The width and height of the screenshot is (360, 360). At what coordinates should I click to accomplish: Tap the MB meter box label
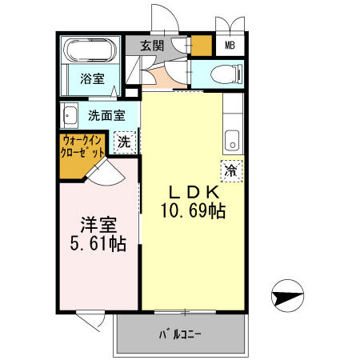coord(229,47)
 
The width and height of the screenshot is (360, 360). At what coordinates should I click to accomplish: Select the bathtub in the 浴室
coord(89,53)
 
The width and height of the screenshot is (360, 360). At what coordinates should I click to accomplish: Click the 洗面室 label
coord(106,115)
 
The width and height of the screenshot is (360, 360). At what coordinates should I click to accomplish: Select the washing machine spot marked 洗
coord(123,142)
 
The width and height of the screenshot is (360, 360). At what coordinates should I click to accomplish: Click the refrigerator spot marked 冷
coord(230,170)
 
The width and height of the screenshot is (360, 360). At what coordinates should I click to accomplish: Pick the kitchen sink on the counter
coord(232,138)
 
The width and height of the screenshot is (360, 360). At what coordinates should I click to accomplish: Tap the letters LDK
coord(190,194)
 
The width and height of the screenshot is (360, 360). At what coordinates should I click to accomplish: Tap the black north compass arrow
coord(287,299)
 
